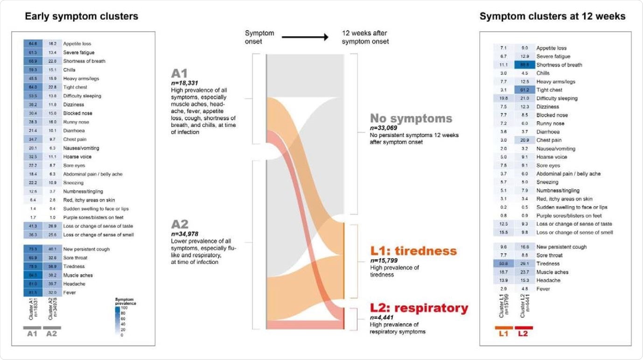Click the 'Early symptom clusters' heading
(x=81, y=16)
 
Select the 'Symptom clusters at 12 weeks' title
(x=552, y=16)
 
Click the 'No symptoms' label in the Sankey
(x=411, y=118)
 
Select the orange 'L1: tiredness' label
(x=413, y=251)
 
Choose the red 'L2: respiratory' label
(x=419, y=308)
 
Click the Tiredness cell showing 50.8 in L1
(x=503, y=263)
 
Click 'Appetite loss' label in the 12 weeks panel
(x=552, y=48)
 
